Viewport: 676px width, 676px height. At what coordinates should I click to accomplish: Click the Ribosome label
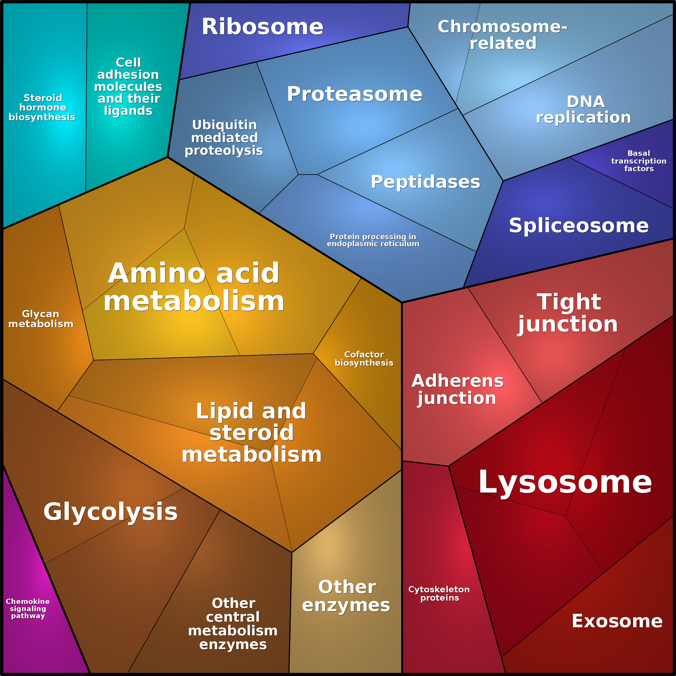coord(262,27)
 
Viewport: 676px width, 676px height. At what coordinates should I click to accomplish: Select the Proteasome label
coord(354,94)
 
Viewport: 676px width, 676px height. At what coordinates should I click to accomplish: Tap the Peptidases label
coord(425,182)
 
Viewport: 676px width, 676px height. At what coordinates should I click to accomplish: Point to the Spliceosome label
coord(579,226)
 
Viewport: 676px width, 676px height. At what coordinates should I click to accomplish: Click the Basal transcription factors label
coord(639,161)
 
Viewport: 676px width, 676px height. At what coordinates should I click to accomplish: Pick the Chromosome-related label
coord(502,35)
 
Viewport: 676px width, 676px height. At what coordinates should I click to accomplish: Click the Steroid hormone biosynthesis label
coord(42,107)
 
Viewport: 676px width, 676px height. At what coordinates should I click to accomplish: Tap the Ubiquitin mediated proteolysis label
coord(224,138)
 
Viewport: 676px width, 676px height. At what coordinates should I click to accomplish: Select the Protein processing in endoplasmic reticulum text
coord(373,240)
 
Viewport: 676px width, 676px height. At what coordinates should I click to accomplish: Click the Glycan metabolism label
coord(41,319)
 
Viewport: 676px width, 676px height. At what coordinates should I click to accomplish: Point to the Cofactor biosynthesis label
coord(364,359)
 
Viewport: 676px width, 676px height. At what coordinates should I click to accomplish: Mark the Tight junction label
coord(568,313)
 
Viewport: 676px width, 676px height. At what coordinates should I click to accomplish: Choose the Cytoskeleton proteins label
coord(439,593)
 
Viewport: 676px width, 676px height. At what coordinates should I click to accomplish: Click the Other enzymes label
coord(346,596)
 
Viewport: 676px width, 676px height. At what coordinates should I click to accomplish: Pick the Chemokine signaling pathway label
coord(28,608)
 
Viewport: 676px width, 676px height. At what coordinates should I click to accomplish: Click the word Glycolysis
coord(111,512)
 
